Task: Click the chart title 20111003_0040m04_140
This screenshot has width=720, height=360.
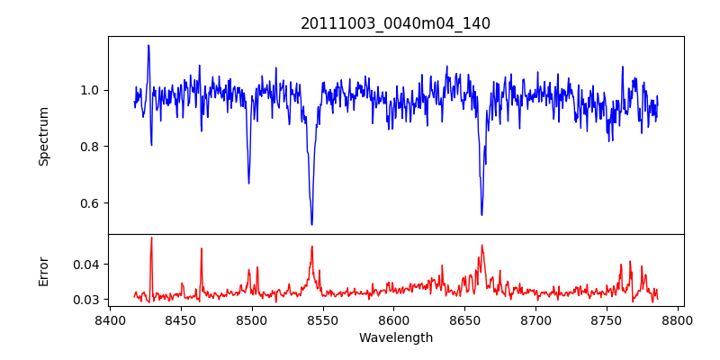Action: [395, 23]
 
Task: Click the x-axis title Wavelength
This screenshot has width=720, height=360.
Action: [395, 338]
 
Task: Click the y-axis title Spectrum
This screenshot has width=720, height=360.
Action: [43, 136]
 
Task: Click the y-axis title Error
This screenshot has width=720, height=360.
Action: [43, 271]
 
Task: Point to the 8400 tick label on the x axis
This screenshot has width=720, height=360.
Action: [110, 319]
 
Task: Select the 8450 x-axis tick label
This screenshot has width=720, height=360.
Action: [181, 319]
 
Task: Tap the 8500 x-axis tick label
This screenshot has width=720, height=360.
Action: [252, 319]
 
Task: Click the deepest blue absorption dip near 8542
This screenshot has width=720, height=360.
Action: [311, 224]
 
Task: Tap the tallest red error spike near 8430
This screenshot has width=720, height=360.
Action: [151, 238]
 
